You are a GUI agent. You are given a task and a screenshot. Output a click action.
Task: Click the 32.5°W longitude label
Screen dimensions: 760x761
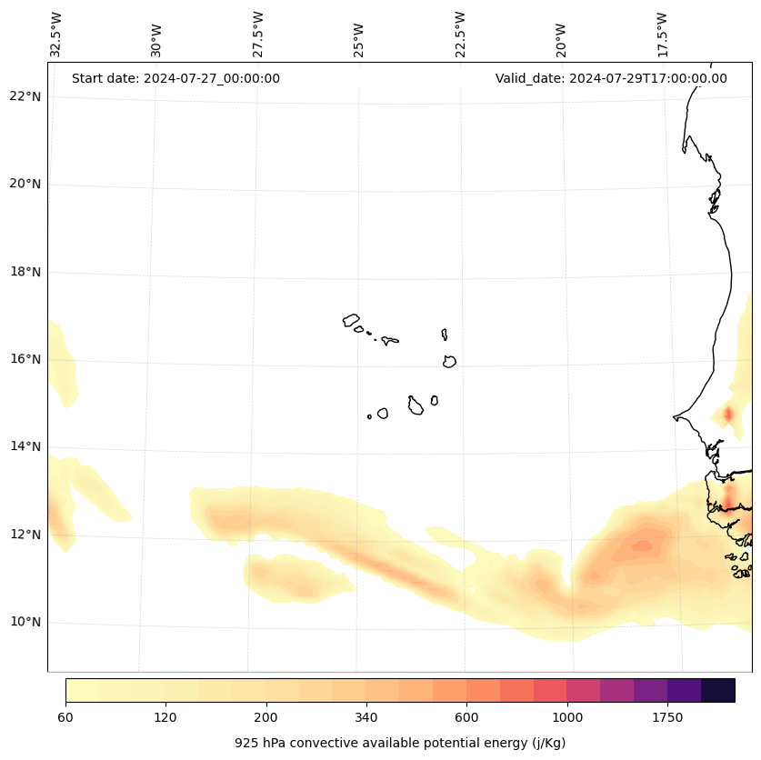[56, 35]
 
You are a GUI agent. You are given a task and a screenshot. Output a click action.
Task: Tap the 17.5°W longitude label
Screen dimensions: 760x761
[663, 35]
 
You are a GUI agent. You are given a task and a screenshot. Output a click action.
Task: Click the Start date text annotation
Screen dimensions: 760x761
[175, 78]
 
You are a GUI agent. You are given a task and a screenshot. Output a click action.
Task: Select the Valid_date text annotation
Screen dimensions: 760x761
[611, 78]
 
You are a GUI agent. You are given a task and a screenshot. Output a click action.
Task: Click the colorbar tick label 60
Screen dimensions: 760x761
[65, 718]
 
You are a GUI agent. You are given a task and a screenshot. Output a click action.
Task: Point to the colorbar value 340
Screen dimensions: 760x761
[366, 718]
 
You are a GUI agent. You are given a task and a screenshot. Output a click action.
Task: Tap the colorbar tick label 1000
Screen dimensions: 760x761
[567, 718]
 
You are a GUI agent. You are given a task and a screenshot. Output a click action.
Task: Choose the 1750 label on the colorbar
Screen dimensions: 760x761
[667, 718]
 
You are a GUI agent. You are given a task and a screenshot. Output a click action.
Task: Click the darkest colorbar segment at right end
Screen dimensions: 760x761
[718, 690]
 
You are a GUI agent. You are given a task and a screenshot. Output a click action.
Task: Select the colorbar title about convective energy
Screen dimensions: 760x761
[400, 743]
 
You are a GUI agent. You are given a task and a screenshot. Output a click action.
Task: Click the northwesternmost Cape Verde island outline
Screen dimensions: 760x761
[351, 320]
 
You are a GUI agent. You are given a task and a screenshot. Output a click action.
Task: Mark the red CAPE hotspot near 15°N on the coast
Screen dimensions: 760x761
[727, 415]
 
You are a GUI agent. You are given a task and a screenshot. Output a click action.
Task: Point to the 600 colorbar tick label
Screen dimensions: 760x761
[466, 718]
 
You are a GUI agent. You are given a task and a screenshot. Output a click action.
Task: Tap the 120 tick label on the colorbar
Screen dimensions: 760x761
[165, 718]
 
